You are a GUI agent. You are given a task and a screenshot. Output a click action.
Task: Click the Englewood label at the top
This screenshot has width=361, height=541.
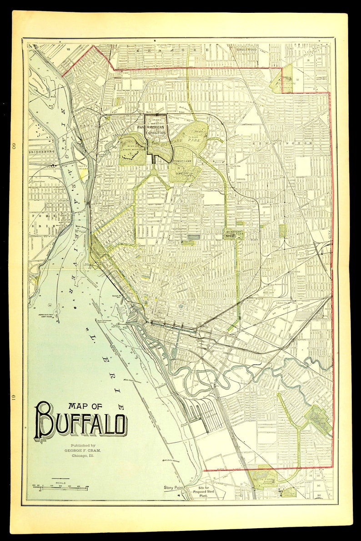coord(247,49)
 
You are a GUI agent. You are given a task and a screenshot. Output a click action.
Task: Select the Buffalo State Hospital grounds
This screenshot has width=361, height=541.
coord(132,148)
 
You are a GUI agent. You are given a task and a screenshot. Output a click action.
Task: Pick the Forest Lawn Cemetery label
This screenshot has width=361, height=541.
coord(185,169)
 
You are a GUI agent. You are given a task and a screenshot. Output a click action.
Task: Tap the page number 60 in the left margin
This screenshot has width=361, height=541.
coord(14,146)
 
